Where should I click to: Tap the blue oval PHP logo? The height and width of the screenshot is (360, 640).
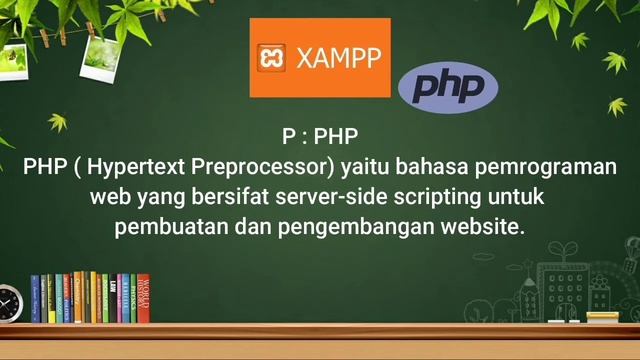(448, 89)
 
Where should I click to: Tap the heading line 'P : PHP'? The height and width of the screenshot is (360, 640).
(320, 136)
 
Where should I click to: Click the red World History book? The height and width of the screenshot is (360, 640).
(142, 297)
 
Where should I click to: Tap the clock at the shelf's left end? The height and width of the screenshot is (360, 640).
(8, 302)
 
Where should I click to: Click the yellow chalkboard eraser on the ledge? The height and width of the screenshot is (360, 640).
(602, 317)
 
